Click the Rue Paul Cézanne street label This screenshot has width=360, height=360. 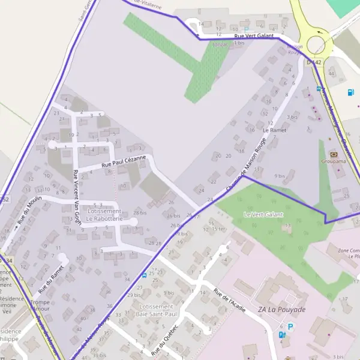click(x=124, y=160)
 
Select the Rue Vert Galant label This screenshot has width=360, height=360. click(x=254, y=36)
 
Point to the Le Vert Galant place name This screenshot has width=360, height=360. click(x=263, y=214)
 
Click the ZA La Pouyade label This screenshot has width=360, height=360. click(x=281, y=310)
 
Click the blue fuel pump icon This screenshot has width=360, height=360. click(x=350, y=92)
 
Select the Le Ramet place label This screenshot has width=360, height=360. click(x=275, y=130)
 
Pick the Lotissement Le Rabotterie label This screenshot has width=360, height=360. click(x=104, y=215)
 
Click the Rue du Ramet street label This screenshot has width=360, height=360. click(x=51, y=273)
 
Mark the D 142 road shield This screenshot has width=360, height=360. click(x=314, y=62)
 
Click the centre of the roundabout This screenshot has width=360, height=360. click(x=316, y=43)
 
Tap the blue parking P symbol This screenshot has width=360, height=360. click(x=291, y=327)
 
